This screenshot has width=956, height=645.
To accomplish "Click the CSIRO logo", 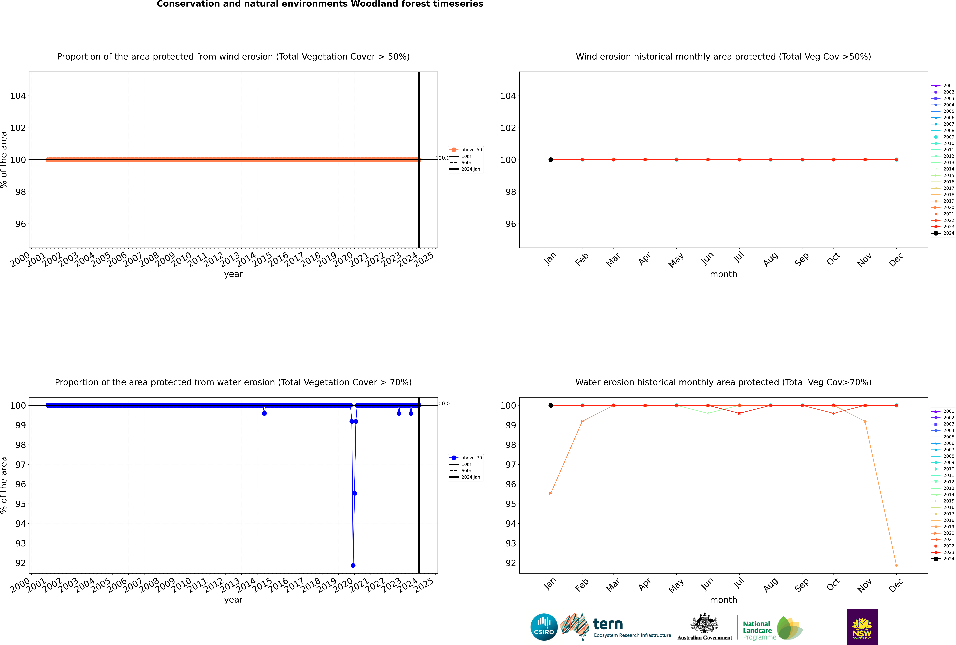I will click(544, 627).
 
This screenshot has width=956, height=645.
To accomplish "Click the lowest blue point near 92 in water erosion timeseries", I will click(353, 565).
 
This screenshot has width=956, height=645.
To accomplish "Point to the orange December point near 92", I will click(896, 565).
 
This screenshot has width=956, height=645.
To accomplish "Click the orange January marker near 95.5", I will click(551, 493).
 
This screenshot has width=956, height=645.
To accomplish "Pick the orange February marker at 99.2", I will click(582, 421).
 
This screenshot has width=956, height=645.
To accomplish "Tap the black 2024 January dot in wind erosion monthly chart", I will click(551, 160).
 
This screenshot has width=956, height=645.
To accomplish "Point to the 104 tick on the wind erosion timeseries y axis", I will click(18, 96).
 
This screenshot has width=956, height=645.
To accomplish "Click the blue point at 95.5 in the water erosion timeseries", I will click(355, 493).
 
